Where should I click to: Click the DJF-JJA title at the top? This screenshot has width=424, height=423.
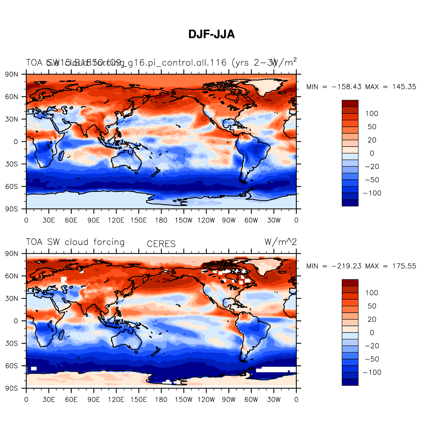tap(211, 34)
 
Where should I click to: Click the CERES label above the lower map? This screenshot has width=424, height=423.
tap(161, 244)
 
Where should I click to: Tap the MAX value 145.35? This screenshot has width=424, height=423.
tap(404, 87)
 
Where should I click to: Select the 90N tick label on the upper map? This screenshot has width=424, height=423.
tap(12, 75)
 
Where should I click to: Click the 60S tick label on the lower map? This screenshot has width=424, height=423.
tap(12, 366)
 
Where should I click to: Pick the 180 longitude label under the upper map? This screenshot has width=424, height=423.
tap(161, 220)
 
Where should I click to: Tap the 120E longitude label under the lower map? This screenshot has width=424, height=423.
tap(116, 400)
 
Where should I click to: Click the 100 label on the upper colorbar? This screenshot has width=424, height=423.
tap(372, 114)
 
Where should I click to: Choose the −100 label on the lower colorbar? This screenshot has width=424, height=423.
tap(372, 372)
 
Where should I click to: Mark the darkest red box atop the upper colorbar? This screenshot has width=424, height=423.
tap(350, 103)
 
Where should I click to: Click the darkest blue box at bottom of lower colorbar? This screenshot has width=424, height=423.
tap(350, 382)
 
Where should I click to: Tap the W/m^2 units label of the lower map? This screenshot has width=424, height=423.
tap(281, 242)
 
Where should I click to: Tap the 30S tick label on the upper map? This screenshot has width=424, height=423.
tap(12, 164)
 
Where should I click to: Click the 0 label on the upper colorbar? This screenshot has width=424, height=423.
tap(372, 153)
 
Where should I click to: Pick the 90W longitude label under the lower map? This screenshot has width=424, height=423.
tap(229, 400)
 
